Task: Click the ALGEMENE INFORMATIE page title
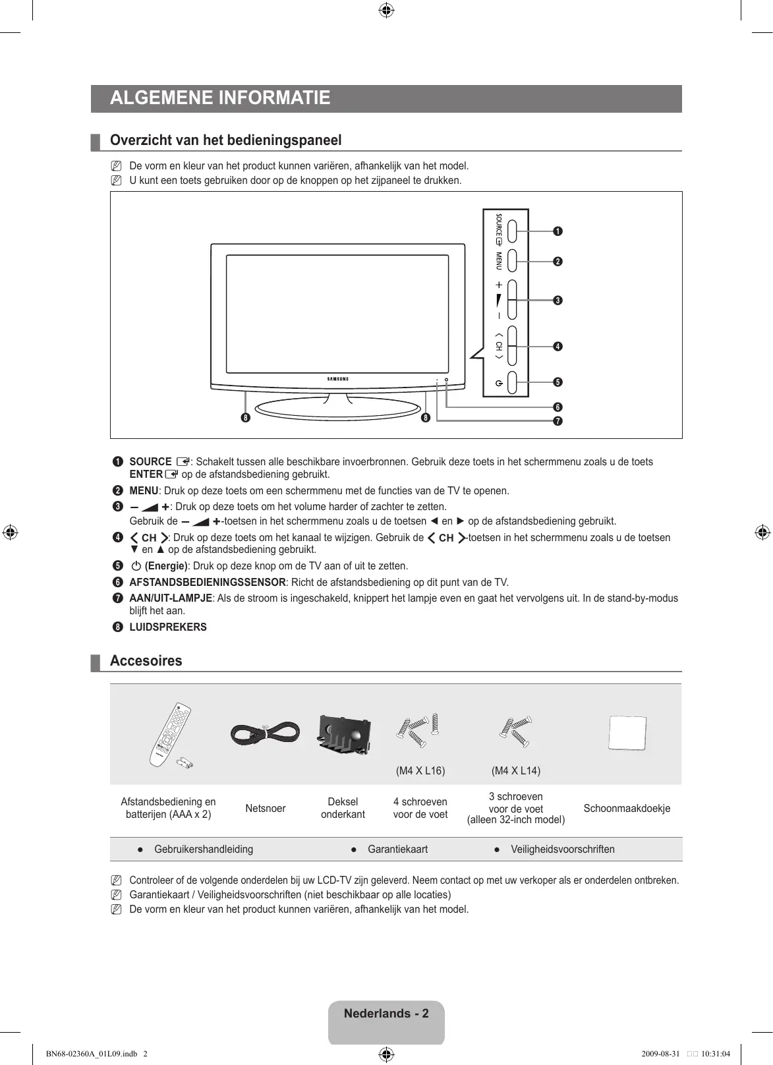click(220, 98)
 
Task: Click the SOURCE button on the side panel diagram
click(517, 231)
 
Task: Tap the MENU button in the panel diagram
click(517, 261)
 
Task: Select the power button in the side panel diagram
click(517, 382)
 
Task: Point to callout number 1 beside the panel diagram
click(558, 231)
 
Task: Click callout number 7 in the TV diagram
click(558, 421)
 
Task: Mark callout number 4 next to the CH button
click(558, 347)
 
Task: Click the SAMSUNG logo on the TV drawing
click(338, 379)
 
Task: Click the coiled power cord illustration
click(265, 733)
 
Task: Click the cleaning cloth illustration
click(627, 734)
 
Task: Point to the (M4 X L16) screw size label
click(420, 770)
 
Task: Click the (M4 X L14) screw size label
click(516, 770)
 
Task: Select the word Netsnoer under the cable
click(266, 809)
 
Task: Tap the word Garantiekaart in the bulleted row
click(397, 849)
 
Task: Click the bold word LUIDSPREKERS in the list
click(168, 627)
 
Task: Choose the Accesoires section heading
click(146, 661)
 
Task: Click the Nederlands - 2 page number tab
click(386, 1014)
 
